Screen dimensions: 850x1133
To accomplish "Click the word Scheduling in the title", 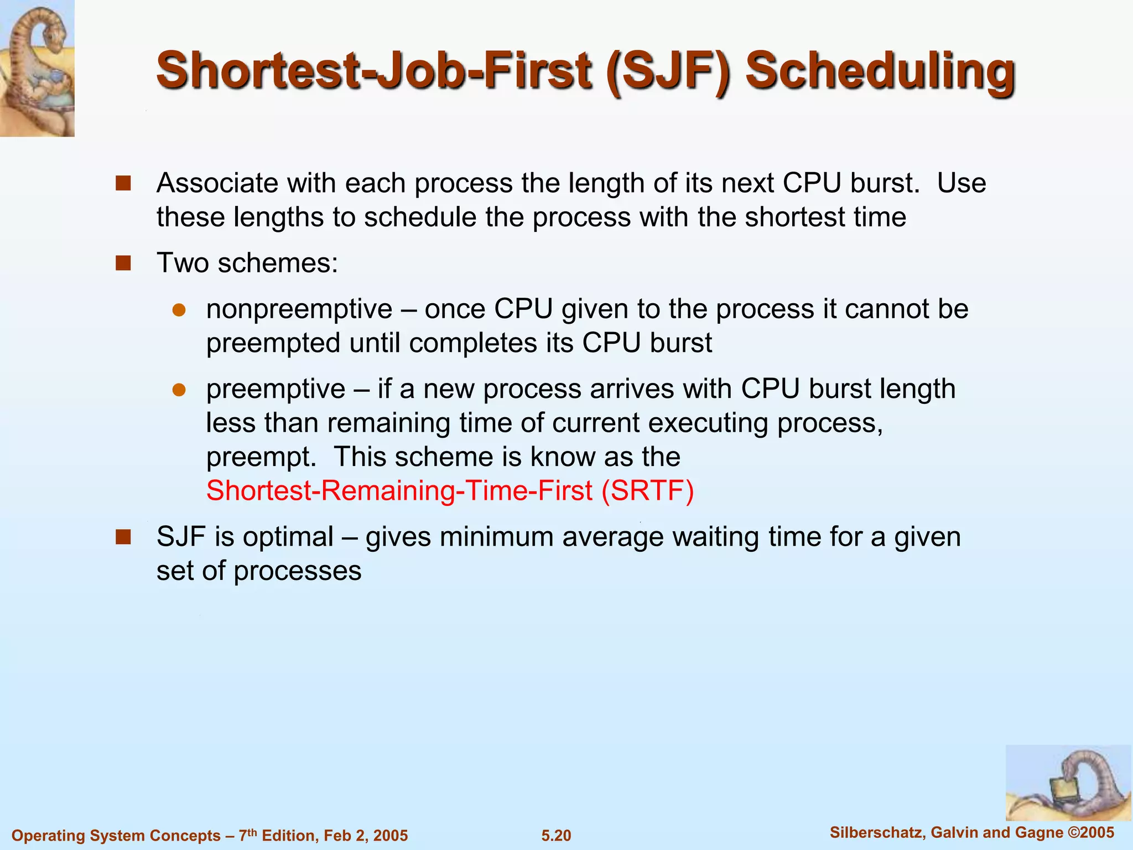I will click(x=880, y=72).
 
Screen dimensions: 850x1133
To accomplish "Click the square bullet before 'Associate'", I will click(x=123, y=183).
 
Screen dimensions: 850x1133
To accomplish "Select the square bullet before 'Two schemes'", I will click(x=123, y=263).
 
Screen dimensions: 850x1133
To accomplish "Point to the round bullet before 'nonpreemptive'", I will click(x=179, y=310).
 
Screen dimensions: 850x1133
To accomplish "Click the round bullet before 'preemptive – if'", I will click(x=179, y=390).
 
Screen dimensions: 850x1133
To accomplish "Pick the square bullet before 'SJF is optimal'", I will click(x=123, y=537).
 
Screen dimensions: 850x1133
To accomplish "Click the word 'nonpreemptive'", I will click(x=299, y=309).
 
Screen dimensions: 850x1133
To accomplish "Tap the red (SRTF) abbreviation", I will click(x=647, y=491).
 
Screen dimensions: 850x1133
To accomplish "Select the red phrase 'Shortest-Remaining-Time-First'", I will click(x=399, y=491).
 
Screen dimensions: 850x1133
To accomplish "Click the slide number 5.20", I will click(x=556, y=836).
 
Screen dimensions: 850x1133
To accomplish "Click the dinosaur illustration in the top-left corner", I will click(x=37, y=68).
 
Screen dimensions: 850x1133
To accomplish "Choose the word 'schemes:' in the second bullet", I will click(x=278, y=263).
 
